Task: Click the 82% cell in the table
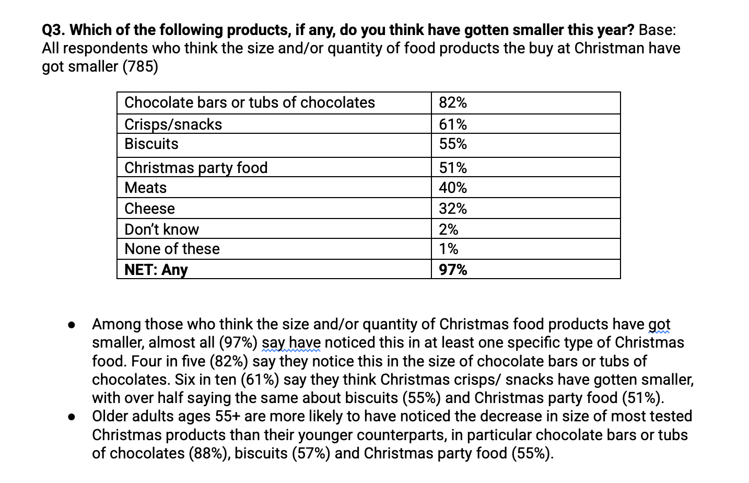coord(453,102)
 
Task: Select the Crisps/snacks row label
coord(173,124)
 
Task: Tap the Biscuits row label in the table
coord(151,144)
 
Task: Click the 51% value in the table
coord(453,168)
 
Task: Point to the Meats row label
coord(146,188)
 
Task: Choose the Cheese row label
coord(149,209)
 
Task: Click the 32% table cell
coord(453,209)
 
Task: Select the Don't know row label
coord(162,229)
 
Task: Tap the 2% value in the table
coord(449,229)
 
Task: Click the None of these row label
coord(172,249)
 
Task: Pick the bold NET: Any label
coord(156,270)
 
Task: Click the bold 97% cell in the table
coord(453,270)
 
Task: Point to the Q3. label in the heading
coord(54,30)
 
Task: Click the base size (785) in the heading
coord(140,67)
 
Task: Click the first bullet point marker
coord(72,325)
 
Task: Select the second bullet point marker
coord(72,417)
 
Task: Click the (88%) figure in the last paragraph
coord(210,453)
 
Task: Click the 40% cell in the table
coord(453,188)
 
